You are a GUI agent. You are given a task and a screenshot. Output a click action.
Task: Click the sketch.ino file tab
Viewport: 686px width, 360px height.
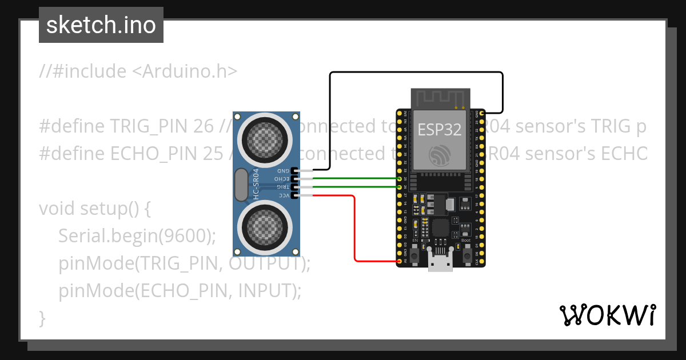click(101, 25)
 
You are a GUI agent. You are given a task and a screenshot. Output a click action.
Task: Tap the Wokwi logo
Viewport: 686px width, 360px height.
click(607, 315)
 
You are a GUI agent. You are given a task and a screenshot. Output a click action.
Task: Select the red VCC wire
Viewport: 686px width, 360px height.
click(355, 229)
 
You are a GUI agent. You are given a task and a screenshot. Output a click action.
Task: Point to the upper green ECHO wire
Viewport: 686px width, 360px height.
click(354, 179)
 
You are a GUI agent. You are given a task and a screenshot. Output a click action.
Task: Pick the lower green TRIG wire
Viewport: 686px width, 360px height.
click(354, 187)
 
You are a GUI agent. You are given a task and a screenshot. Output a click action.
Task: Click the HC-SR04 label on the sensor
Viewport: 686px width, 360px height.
click(256, 183)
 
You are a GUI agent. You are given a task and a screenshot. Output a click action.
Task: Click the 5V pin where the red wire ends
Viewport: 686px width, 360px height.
click(400, 261)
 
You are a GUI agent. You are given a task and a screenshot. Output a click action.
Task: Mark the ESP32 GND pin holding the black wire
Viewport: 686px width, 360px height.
click(482, 114)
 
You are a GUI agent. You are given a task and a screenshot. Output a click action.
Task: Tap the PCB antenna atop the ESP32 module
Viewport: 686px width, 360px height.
click(440, 98)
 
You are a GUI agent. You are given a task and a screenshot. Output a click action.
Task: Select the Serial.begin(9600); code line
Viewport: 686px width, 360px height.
click(137, 235)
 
